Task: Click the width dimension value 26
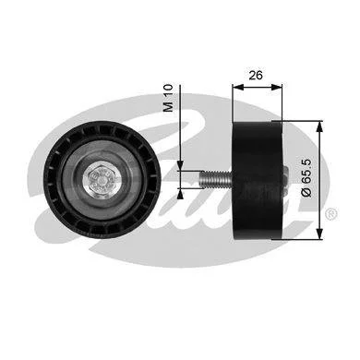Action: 256,75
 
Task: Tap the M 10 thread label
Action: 169,98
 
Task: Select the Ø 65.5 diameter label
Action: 306,178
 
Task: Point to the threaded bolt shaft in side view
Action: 216,179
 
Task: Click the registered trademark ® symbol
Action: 331,213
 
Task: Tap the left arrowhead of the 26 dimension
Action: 238,87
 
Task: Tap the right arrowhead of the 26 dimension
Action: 276,87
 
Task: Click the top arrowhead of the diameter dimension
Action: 320,126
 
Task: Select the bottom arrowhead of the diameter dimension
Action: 320,234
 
